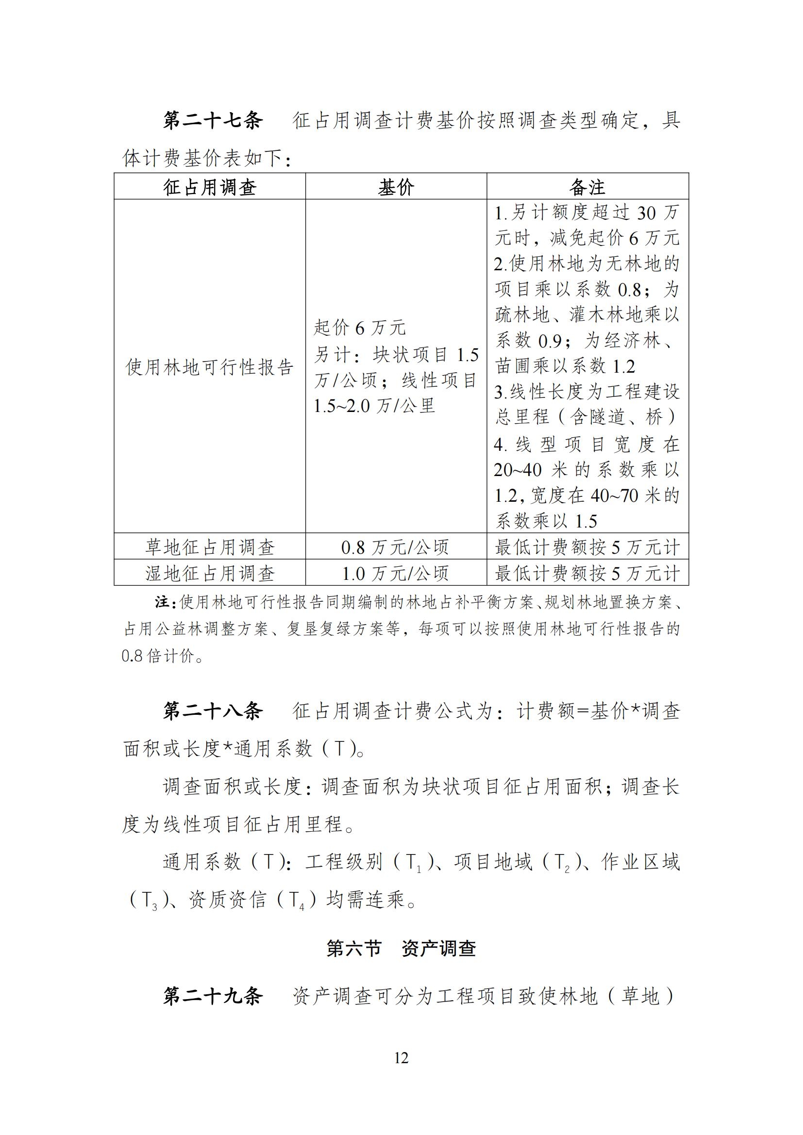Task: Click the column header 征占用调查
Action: pyautogui.click(x=210, y=187)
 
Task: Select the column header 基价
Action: pyautogui.click(x=396, y=187)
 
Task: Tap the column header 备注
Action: pyautogui.click(x=587, y=187)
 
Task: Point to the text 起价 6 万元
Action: pyautogui.click(x=359, y=328)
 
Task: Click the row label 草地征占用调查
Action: pyautogui.click(x=210, y=547)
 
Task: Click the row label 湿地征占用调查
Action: pyautogui.click(x=210, y=574)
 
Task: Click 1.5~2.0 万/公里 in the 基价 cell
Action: pyautogui.click(x=374, y=406)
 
